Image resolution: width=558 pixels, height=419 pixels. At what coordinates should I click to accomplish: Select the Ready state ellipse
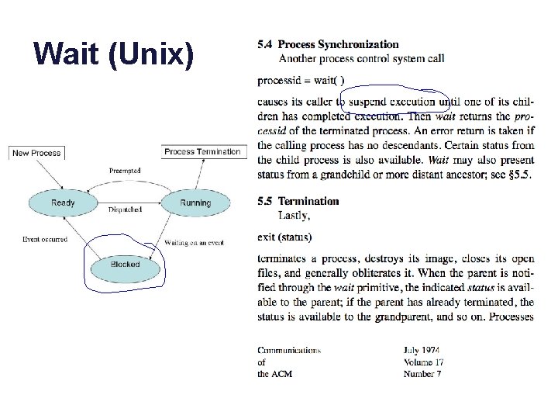[63, 203]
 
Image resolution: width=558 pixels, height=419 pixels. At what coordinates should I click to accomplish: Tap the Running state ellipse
[195, 203]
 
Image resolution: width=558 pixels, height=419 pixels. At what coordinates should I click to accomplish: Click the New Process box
[36, 153]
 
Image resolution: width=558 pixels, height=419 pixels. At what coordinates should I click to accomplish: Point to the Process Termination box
[202, 152]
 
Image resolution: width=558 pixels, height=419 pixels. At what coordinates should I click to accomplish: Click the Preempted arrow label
[125, 171]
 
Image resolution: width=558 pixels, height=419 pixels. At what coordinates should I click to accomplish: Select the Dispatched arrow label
[125, 209]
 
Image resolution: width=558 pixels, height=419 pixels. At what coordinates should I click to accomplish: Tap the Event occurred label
[45, 240]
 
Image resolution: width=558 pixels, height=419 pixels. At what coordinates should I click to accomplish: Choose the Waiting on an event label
[195, 243]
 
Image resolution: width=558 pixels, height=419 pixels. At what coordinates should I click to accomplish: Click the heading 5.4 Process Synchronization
[329, 45]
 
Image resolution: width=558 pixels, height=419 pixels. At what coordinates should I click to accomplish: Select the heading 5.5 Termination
[298, 201]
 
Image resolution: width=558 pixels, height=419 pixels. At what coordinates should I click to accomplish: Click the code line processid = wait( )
[301, 80]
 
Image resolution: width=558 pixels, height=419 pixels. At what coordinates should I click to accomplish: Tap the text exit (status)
[284, 237]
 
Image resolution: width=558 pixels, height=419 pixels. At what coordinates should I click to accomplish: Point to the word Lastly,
[294, 214]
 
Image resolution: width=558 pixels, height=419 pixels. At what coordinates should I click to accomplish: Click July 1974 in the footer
[422, 351]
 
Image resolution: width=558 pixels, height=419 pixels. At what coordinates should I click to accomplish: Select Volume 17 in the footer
[423, 362]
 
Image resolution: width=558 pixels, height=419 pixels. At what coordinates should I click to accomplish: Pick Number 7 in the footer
[422, 374]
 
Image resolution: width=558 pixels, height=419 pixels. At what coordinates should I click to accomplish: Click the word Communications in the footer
[289, 351]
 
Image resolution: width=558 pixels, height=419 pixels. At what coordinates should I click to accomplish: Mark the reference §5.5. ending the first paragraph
[518, 175]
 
